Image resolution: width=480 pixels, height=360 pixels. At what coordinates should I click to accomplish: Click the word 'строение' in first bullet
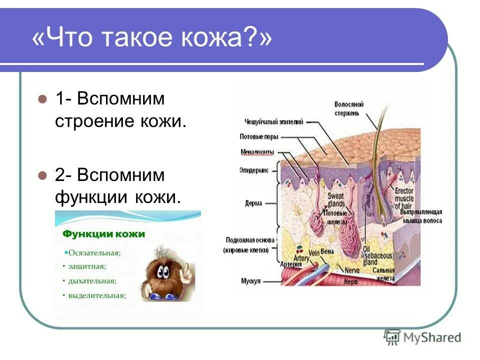pos(95,121)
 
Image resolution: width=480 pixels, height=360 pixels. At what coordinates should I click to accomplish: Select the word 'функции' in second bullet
pos(92,196)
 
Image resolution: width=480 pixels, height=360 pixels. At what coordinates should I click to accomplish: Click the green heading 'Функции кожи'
pos(103,234)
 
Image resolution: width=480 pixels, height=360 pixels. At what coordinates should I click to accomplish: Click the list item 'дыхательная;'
pos(93,281)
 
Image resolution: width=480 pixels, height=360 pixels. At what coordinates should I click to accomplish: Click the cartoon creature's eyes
pos(163,272)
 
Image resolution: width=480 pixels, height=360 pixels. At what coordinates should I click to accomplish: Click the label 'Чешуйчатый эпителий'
pos(274,121)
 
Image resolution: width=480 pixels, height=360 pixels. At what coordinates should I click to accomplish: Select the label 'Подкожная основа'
pos(248,239)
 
